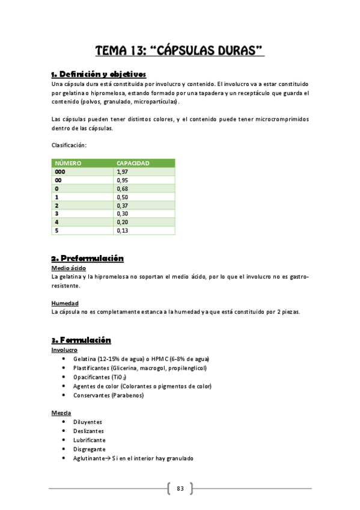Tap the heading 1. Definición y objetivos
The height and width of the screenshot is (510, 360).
click(99, 74)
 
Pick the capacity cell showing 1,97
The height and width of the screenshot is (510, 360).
click(123, 171)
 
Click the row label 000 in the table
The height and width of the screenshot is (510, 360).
click(60, 171)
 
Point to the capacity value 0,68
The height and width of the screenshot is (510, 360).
click(123, 188)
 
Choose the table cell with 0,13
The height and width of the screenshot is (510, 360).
click(123, 230)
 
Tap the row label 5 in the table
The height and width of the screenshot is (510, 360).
click(56, 230)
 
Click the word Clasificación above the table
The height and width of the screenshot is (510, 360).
click(69, 145)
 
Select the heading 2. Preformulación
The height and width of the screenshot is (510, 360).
click(88, 259)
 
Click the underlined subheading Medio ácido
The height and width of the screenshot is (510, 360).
click(69, 269)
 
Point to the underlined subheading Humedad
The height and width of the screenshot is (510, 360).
click(65, 303)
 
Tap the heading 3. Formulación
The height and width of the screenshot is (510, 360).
click(81, 340)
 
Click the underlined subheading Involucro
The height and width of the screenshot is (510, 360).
click(64, 350)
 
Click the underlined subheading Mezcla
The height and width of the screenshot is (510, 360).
click(61, 413)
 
